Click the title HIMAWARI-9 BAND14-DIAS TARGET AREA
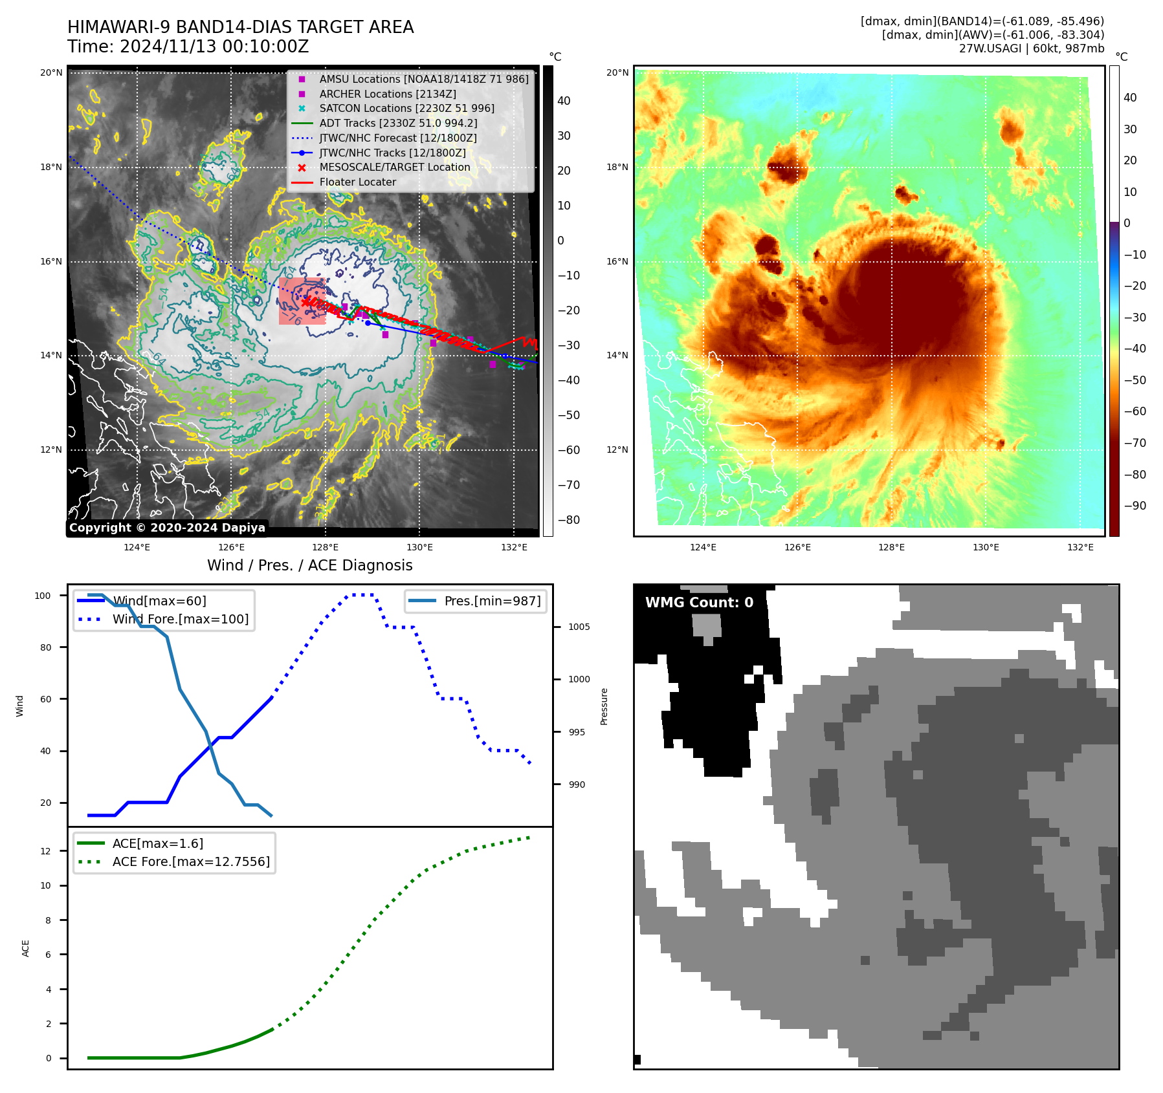click(240, 27)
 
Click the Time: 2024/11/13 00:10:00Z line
click(188, 47)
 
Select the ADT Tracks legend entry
click(398, 123)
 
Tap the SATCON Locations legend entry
click(406, 108)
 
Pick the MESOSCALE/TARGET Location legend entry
click(395, 167)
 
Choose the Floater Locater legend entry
click(357, 182)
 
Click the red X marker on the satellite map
click(305, 302)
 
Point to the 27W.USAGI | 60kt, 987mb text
click(1031, 49)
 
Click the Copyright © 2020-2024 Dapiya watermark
click(167, 528)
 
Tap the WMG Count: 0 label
click(699, 603)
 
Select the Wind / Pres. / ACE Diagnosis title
click(309, 565)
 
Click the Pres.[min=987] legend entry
click(492, 601)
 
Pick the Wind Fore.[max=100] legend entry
click(180, 619)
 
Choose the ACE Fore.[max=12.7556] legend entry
click(191, 861)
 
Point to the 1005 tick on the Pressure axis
click(579, 627)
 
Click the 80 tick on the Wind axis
click(45, 647)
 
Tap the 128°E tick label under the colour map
click(891, 547)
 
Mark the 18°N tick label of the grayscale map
click(51, 167)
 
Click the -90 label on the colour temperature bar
click(1135, 506)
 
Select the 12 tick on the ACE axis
click(45, 851)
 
